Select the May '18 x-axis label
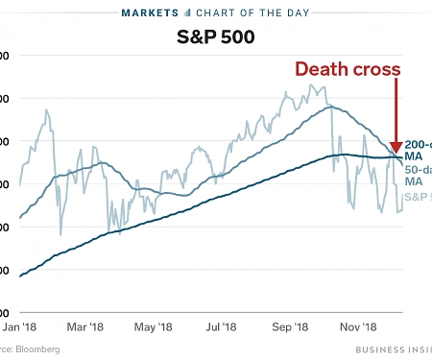coord(152,327)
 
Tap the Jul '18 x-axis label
coord(221,327)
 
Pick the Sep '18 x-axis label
coord(290,327)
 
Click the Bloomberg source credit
coord(29,349)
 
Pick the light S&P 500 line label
coord(418,197)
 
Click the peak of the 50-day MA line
coord(329,107)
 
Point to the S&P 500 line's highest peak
coord(310,85)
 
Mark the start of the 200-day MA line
coord(21,276)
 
